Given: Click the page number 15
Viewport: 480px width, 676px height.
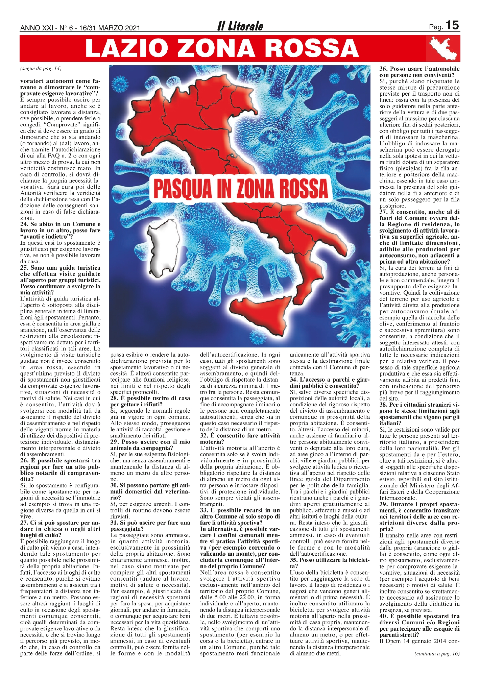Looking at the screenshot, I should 452,25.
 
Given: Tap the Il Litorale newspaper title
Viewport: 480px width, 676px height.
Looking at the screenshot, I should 240,26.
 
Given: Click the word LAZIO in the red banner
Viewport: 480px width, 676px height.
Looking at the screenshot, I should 128,48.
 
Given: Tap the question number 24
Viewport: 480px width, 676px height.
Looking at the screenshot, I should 24,224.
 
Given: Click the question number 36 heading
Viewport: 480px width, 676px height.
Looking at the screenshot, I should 383,69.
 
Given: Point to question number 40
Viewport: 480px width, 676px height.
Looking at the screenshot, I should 383,617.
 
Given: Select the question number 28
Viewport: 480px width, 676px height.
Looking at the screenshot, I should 114,398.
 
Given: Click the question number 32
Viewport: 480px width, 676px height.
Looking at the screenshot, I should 204,436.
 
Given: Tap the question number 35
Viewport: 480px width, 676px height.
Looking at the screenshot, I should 294,560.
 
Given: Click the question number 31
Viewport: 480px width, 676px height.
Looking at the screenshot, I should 114,523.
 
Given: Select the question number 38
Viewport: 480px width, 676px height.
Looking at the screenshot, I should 383,405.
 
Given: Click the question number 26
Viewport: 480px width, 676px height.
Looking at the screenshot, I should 24,461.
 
